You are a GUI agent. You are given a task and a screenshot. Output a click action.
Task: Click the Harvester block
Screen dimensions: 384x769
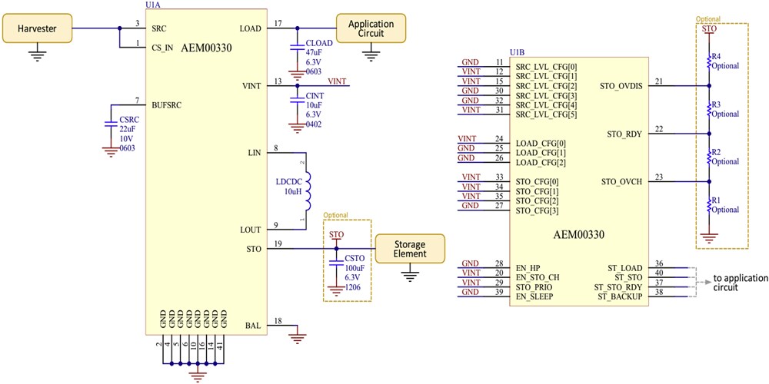pos(38,30)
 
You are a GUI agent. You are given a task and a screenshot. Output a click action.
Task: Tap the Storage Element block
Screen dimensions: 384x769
pos(410,248)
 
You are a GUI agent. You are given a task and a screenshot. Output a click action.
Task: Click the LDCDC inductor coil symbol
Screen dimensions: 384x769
pos(308,191)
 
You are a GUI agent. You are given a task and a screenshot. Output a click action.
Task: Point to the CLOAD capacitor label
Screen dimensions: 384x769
pos(318,42)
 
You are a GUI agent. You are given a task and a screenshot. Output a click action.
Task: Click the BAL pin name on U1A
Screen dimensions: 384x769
pos(251,325)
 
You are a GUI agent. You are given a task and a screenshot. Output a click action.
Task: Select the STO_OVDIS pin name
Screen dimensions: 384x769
pos(621,86)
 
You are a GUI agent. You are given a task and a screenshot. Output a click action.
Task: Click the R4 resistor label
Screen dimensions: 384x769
pos(716,56)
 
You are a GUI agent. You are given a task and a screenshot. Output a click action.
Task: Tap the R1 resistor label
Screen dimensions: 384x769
pos(716,200)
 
